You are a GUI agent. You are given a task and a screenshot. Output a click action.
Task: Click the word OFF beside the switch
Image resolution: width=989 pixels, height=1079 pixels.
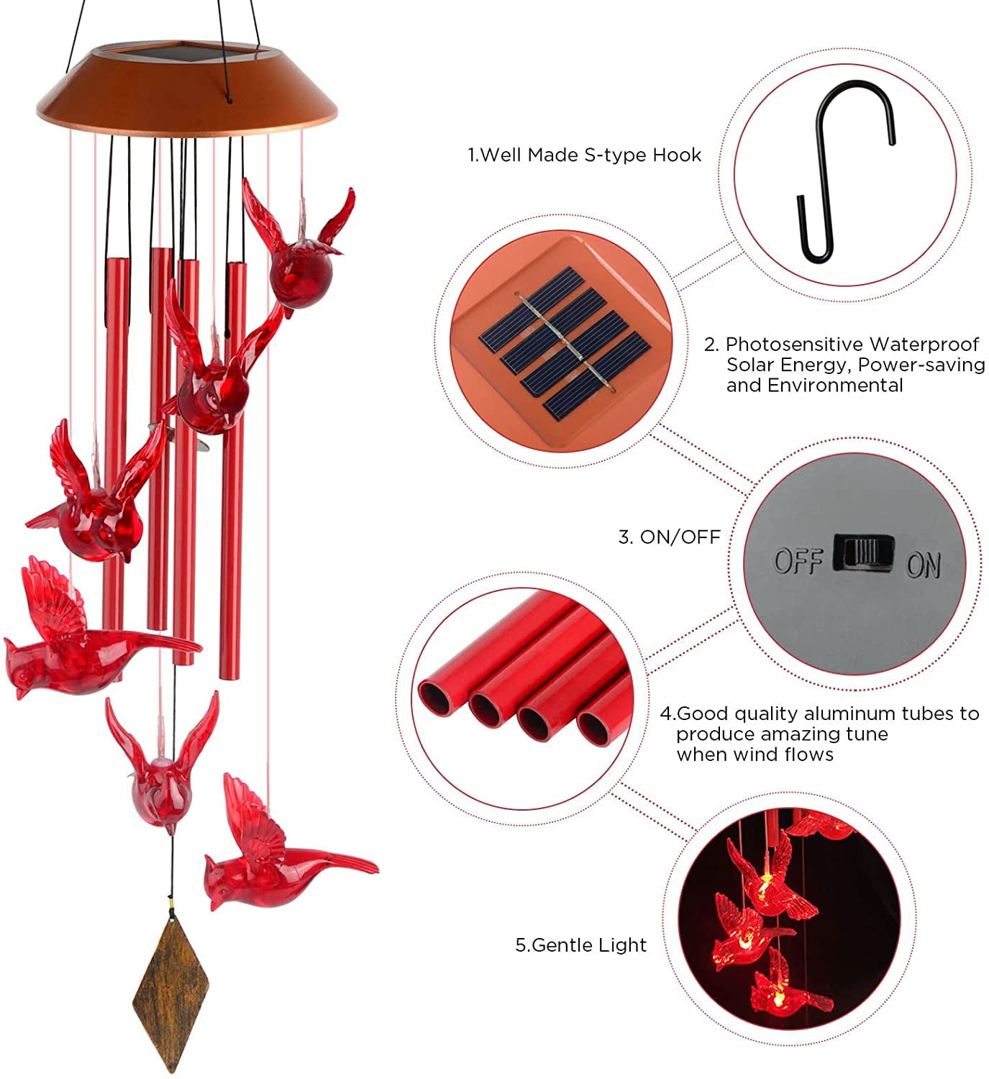pyautogui.click(x=797, y=560)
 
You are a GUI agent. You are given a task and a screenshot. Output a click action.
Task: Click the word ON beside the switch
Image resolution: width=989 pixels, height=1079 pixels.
pyautogui.click(x=923, y=565)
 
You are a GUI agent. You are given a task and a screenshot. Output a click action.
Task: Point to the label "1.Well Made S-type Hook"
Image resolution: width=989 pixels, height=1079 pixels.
pyautogui.click(x=584, y=155)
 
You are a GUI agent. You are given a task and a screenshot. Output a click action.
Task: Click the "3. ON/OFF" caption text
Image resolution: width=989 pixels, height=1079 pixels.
pyautogui.click(x=669, y=537)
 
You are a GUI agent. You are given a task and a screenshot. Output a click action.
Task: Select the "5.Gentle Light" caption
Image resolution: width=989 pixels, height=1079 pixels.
pyautogui.click(x=580, y=944)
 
